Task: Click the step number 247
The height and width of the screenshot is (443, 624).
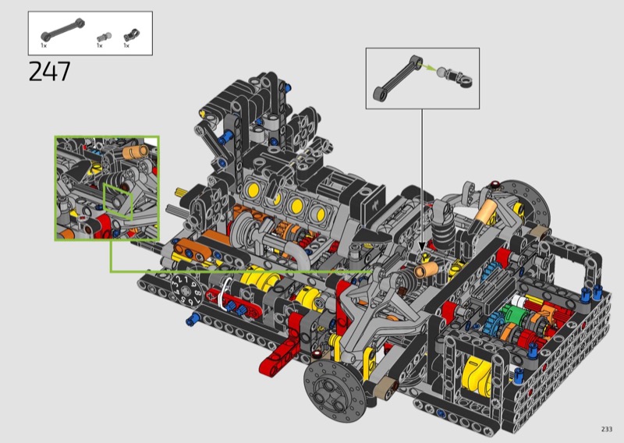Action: pos(49,72)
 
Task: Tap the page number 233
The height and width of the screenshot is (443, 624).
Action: pos(607,429)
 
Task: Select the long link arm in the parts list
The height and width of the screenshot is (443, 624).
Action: pos(62,30)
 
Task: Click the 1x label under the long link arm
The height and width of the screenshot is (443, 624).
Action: pos(44,45)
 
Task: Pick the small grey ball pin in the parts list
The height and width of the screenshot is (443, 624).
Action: pos(104,37)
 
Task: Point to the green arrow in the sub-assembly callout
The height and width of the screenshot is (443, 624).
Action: pos(429,67)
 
